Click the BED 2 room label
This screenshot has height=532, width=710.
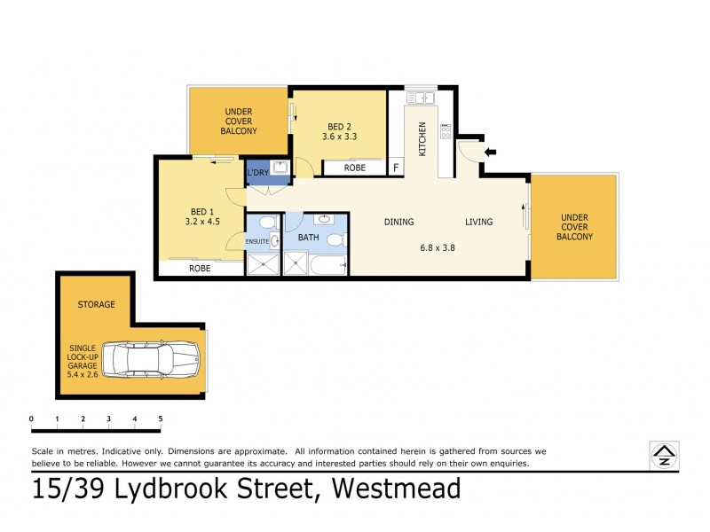[340, 125]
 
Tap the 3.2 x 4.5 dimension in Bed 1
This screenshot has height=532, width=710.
[201, 223]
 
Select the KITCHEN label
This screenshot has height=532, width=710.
[422, 138]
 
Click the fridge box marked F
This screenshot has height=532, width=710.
[396, 167]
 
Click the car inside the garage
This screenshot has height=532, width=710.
[153, 360]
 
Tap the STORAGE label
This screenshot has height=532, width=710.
[96, 304]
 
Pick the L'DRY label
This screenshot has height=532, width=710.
[257, 172]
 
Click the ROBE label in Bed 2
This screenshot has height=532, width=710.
[354, 167]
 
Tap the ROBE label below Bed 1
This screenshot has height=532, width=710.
[199, 268]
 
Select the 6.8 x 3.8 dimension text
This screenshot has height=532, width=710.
[437, 247]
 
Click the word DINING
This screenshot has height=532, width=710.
[400, 222]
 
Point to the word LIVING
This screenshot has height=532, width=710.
[478, 222]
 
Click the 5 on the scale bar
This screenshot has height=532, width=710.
[161, 419]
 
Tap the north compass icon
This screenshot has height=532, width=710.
[663, 454]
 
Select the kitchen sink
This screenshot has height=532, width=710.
[420, 98]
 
